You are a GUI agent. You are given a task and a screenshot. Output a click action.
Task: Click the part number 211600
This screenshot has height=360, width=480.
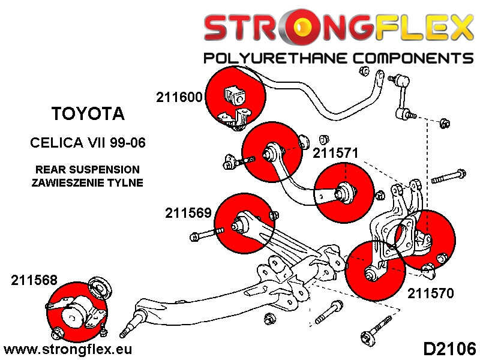pyautogui.click(x=179, y=97)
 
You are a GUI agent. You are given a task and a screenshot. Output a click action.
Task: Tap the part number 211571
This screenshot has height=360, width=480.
pyautogui.click(x=335, y=153)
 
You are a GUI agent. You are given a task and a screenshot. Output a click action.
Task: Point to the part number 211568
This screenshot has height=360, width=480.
pyautogui.click(x=34, y=280)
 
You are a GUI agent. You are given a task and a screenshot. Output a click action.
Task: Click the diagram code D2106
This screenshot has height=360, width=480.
pyautogui.click(x=449, y=348)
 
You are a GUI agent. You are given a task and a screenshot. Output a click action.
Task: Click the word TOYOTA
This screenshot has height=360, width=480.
pyautogui.click(x=88, y=113)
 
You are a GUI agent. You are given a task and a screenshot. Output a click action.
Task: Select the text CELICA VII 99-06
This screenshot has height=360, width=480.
pyautogui.click(x=88, y=143)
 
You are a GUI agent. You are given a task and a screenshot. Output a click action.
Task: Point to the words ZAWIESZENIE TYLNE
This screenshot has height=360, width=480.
pyautogui.click(x=88, y=182)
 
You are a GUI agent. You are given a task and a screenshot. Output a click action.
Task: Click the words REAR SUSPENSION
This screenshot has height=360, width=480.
pyautogui.click(x=88, y=170)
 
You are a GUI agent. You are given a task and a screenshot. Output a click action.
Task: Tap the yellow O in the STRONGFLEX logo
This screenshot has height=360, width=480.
pyautogui.click(x=308, y=28)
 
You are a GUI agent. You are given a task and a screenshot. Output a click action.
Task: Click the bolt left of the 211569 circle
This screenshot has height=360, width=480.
pyautogui.click(x=206, y=234)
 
